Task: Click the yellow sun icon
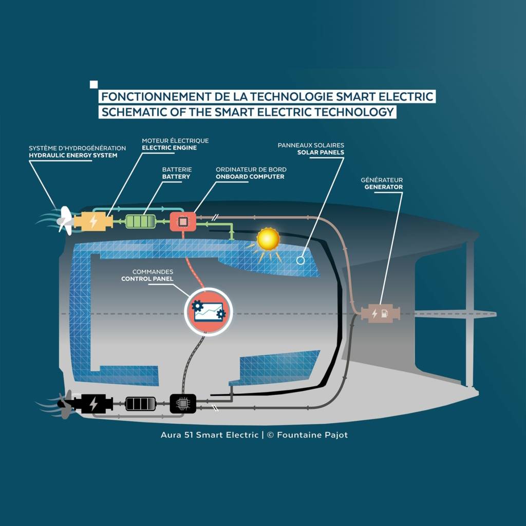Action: coord(268,239)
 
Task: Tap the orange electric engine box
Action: coord(93,221)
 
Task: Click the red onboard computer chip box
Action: coord(183,221)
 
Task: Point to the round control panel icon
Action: coord(208,311)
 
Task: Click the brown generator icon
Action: coord(380,313)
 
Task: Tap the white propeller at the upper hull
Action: coord(65,220)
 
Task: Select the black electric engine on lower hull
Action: coord(92,404)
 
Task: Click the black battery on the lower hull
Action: coord(141,404)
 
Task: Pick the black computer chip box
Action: coord(183,404)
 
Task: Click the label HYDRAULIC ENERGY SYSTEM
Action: coord(73,156)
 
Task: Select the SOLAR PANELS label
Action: coord(321,153)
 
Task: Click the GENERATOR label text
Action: coord(383,187)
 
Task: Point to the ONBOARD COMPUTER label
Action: coord(250,177)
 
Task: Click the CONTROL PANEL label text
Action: coord(147,279)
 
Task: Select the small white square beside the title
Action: coord(93,85)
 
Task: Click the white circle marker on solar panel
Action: coord(300,260)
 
